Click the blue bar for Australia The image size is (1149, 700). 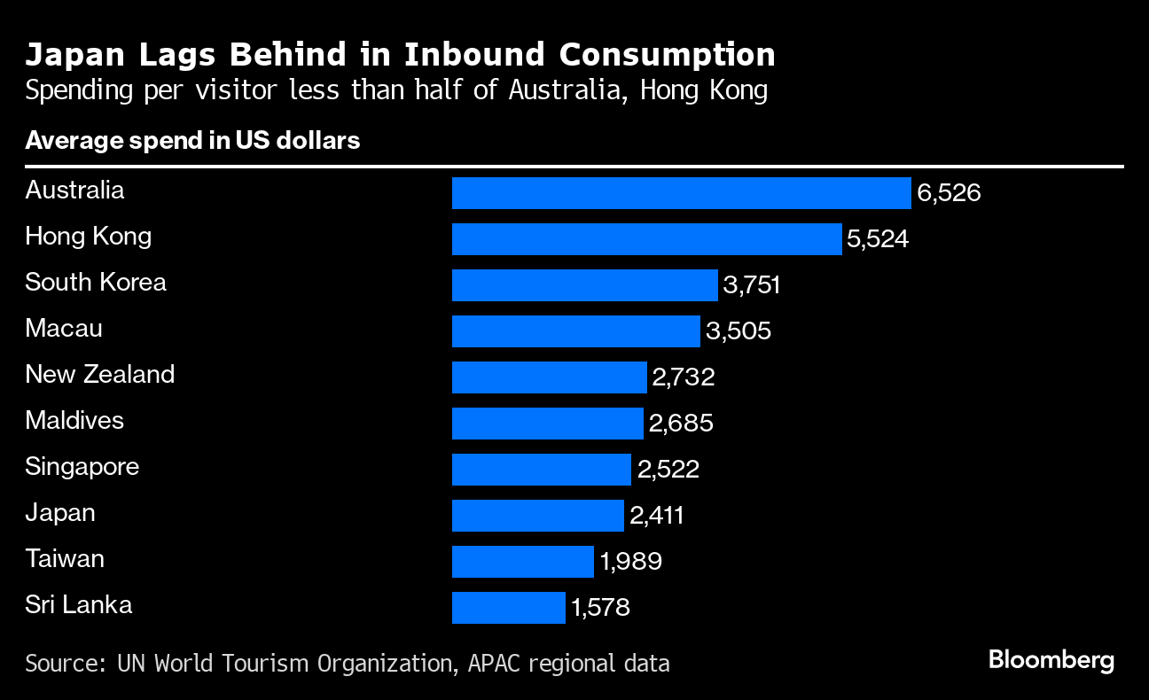[x=681, y=193]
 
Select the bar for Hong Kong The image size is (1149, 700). [x=646, y=239]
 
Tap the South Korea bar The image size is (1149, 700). [x=584, y=285]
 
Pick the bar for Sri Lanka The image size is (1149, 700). [x=508, y=608]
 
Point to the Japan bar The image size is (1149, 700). [x=537, y=516]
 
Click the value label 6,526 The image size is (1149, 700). [x=949, y=193]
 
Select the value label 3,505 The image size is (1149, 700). [x=739, y=331]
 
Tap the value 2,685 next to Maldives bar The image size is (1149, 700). [x=681, y=424]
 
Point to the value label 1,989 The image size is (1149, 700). [x=630, y=562]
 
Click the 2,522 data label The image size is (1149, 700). [x=668, y=470]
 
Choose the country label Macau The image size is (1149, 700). [x=64, y=329]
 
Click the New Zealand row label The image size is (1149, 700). [x=99, y=375]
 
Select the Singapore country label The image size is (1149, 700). [x=82, y=467]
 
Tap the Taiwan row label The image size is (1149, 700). [x=65, y=559]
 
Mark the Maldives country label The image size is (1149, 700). [x=74, y=421]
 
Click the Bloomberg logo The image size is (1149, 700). [x=1051, y=660]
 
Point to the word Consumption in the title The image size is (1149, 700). [x=667, y=55]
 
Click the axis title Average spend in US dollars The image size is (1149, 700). [x=192, y=141]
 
